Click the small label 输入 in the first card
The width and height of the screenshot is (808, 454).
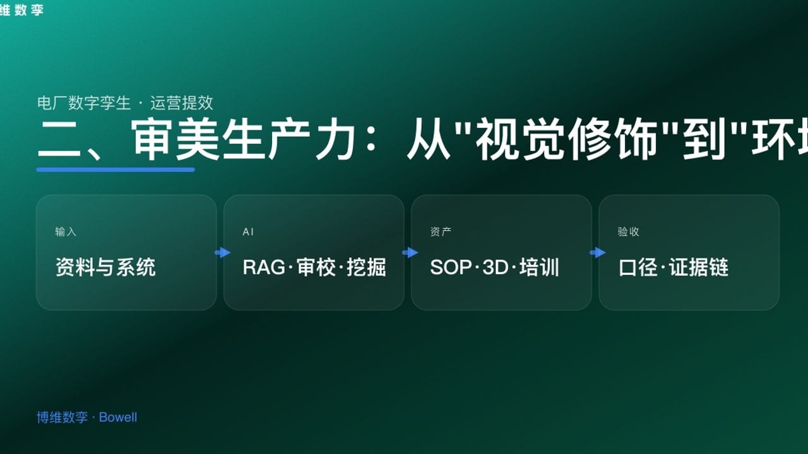[66, 232]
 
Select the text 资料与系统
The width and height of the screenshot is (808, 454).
[105, 267]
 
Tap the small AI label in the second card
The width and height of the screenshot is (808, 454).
[248, 232]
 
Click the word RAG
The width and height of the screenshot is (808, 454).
[264, 267]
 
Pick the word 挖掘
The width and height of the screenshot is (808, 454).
[366, 267]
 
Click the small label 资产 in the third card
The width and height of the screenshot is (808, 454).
[441, 232]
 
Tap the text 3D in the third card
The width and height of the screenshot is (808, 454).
[496, 267]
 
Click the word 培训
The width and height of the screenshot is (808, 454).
[539, 267]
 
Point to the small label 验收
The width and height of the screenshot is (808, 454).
[628, 232]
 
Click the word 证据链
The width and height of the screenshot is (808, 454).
[699, 267]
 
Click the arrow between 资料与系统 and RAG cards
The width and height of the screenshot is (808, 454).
[222, 253]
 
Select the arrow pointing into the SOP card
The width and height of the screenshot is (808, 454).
[410, 253]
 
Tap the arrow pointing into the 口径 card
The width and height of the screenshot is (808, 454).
[597, 253]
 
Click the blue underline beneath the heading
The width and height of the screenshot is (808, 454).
[116, 170]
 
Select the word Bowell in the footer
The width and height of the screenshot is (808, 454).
[118, 417]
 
